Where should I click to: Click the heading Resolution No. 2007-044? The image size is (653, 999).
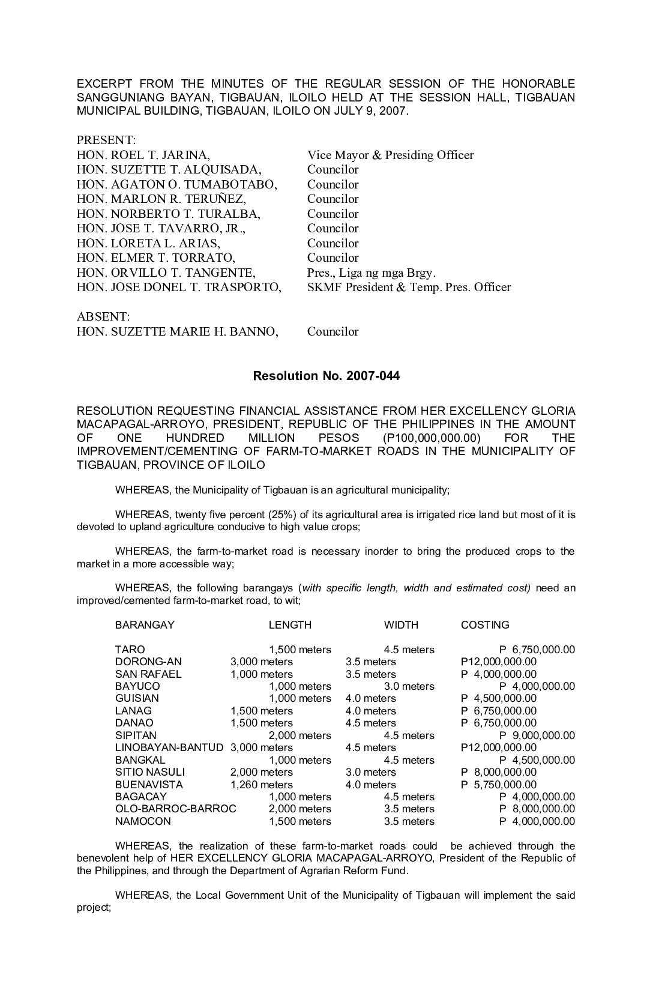click(x=326, y=376)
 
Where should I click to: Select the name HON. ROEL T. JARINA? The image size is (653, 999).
click(x=143, y=155)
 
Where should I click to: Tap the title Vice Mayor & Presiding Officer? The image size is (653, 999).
click(x=390, y=155)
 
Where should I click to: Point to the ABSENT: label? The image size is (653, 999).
click(x=103, y=317)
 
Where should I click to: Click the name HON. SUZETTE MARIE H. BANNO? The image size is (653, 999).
click(x=177, y=332)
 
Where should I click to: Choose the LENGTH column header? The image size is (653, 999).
click(x=290, y=625)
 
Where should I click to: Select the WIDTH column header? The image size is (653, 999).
click(x=401, y=625)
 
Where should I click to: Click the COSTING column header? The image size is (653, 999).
click(x=485, y=625)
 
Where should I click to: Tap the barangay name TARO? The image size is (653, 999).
click(x=130, y=650)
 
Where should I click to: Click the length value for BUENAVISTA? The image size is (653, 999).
click(x=262, y=785)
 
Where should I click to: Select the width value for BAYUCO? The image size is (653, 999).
click(x=409, y=686)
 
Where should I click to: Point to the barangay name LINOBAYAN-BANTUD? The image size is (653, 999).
click(x=169, y=747)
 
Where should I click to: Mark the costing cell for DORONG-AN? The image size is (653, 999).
click(x=499, y=662)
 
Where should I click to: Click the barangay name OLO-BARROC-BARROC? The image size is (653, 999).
click(x=175, y=809)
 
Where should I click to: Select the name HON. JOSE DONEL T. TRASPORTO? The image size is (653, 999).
click(x=179, y=288)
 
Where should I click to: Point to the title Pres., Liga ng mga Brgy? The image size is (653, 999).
click(x=372, y=273)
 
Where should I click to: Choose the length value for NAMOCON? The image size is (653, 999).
click(x=300, y=821)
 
